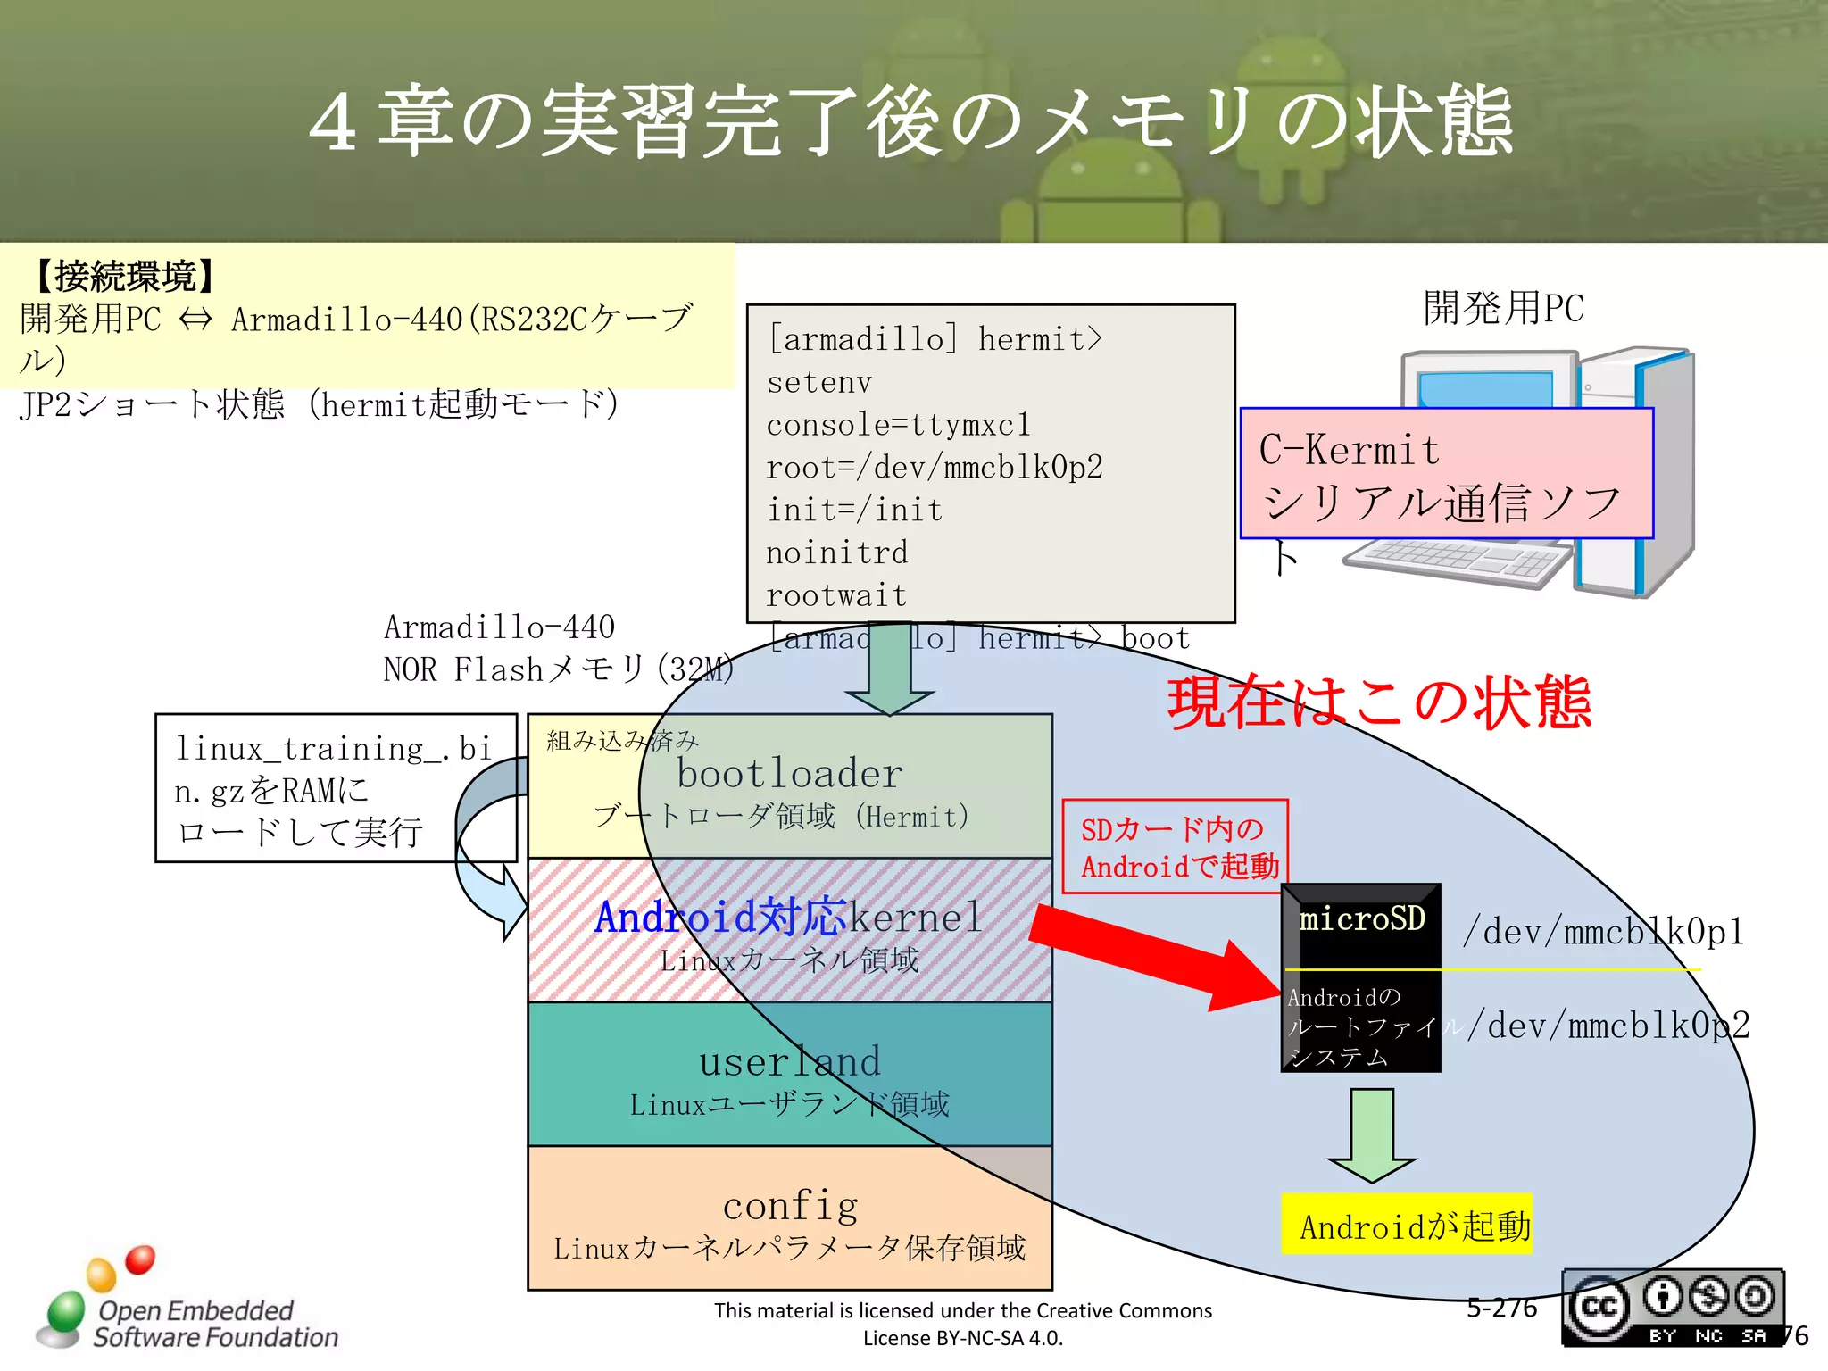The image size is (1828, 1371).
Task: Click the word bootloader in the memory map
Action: [789, 773]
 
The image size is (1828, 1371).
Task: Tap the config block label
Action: [791, 1206]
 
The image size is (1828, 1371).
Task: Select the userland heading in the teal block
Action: [790, 1061]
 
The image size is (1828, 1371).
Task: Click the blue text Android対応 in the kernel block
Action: [719, 917]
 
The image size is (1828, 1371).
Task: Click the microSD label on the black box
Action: [1361, 919]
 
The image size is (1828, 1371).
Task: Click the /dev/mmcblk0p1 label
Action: [1603, 932]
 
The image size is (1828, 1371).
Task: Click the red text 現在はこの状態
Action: [1379, 703]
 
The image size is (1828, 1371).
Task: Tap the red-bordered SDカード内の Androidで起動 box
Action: [1176, 846]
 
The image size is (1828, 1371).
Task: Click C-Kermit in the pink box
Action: [1349, 450]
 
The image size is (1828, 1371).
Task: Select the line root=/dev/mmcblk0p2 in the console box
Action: [934, 467]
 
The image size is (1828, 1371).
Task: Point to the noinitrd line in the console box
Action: [836, 553]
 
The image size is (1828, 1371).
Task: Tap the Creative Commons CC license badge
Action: [1672, 1308]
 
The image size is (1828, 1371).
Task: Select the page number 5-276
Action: [1501, 1308]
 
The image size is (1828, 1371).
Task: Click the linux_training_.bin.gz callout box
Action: [335, 788]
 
